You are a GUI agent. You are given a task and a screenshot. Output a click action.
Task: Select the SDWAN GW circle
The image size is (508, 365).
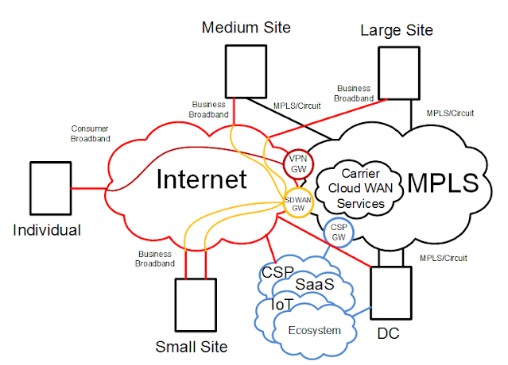click(298, 202)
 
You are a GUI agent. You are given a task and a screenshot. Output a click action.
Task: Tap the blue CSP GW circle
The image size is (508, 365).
click(337, 232)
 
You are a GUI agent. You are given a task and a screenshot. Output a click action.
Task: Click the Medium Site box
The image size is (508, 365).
click(242, 71)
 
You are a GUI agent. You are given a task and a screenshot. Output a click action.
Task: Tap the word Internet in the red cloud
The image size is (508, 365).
click(200, 179)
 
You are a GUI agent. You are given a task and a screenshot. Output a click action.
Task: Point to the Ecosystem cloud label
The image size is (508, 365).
click(314, 330)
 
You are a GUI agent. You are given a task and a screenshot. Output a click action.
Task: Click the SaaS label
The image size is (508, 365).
click(316, 283)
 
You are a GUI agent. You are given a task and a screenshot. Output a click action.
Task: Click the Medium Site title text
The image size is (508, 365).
click(246, 28)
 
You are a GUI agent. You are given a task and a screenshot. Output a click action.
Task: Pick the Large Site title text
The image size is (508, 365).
click(397, 30)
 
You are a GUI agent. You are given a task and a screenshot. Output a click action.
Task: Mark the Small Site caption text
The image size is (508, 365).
click(192, 347)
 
